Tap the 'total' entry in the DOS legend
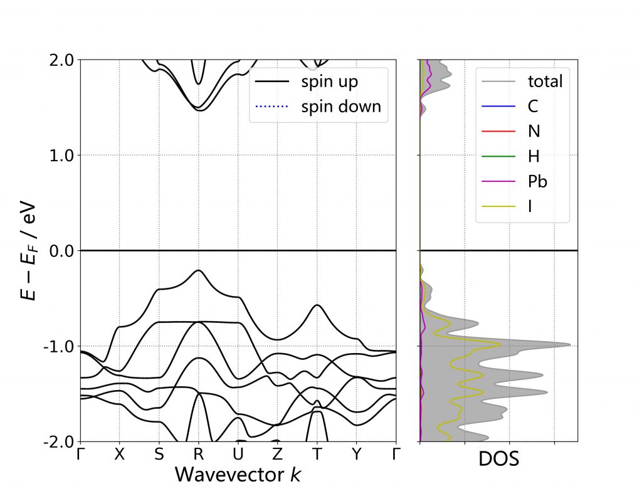click(x=545, y=81)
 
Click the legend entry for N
click(x=534, y=131)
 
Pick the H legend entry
click(x=534, y=156)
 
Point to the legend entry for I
click(x=530, y=206)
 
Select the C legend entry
click(x=533, y=106)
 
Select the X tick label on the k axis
click(x=120, y=455)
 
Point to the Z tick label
click(x=277, y=455)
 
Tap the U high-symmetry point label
click(x=238, y=455)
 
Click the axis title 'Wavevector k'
click(x=238, y=474)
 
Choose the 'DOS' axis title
click(x=498, y=460)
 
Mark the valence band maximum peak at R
click(x=199, y=270)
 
